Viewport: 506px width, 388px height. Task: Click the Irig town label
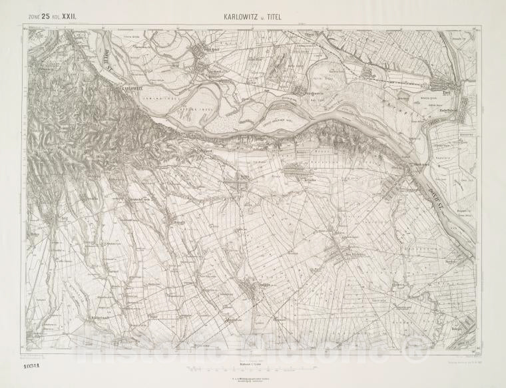coord(65,216)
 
